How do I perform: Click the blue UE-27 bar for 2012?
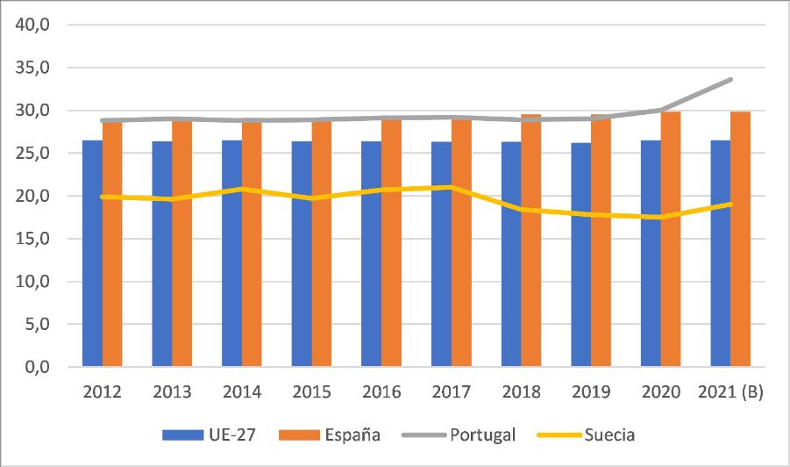92,255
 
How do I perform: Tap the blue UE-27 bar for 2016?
371,255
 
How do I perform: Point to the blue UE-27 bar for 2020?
651,255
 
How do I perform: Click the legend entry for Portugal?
482,435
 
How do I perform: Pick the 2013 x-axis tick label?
171,392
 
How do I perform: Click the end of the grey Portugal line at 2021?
731,79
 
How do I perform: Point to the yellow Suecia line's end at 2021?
731,204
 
